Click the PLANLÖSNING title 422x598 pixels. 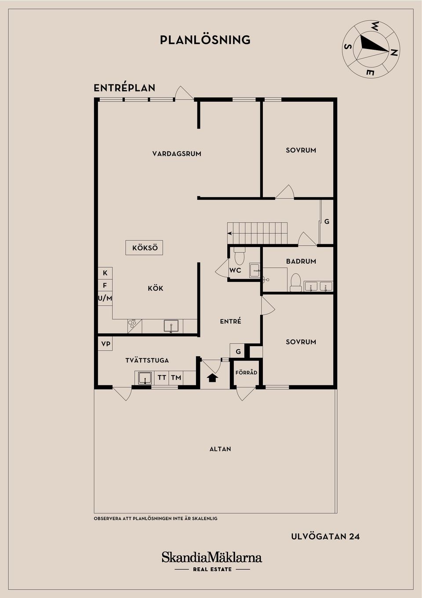tap(205, 40)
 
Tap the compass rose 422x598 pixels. tap(371, 49)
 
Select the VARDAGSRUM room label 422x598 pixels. tap(177, 154)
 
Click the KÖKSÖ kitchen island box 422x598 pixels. tap(145, 248)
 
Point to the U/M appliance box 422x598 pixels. tap(105, 298)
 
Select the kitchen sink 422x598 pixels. tap(171, 326)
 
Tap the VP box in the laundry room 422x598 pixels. tap(105, 343)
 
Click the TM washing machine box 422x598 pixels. tap(176, 377)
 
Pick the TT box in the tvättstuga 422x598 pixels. tap(162, 377)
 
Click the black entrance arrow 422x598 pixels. tap(212, 377)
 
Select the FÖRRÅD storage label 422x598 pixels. tap(246, 373)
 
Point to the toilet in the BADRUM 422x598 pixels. tap(295, 282)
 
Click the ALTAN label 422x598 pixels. tap(220, 449)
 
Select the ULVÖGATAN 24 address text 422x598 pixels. tap(325, 536)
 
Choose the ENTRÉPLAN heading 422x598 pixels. tap(124, 88)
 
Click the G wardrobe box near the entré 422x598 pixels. tap(238, 351)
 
